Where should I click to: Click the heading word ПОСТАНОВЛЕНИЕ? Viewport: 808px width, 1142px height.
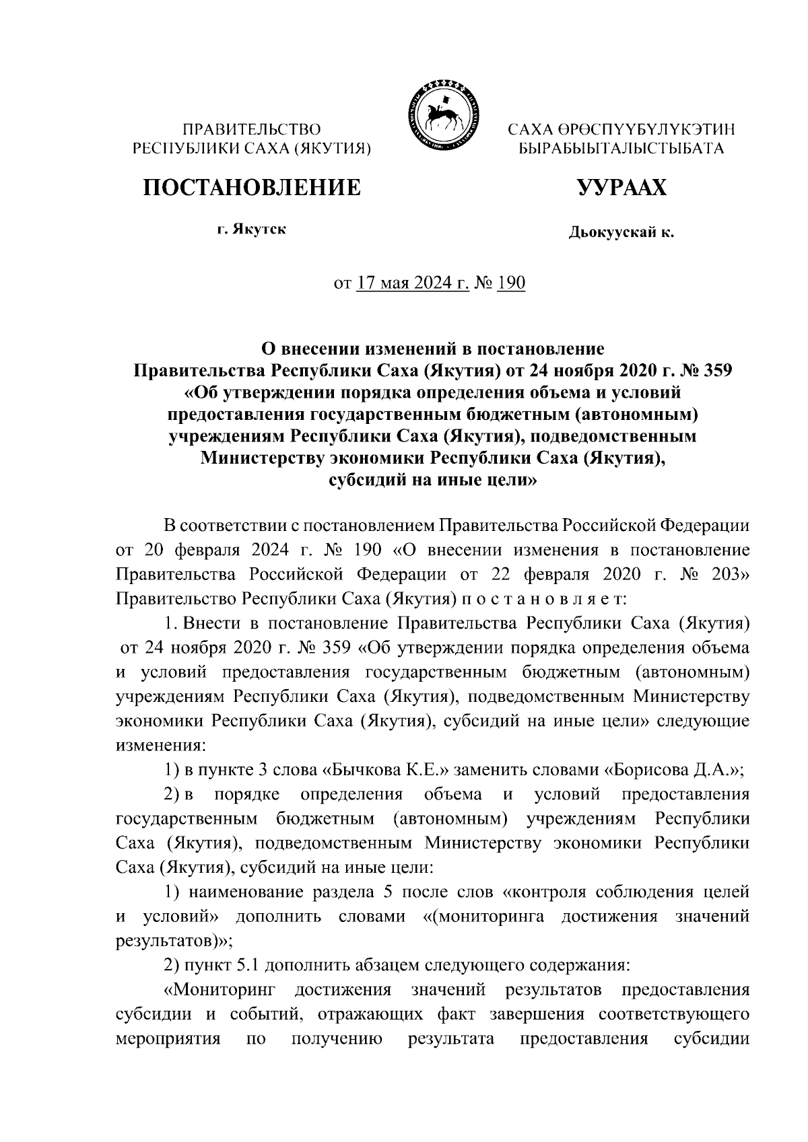[x=250, y=187]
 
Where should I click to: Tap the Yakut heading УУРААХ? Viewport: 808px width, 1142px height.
[x=621, y=187]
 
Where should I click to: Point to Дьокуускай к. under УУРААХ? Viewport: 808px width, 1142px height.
[x=621, y=234]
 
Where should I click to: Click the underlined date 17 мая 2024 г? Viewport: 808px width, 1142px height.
[x=413, y=283]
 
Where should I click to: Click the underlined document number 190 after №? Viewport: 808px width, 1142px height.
[x=510, y=283]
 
